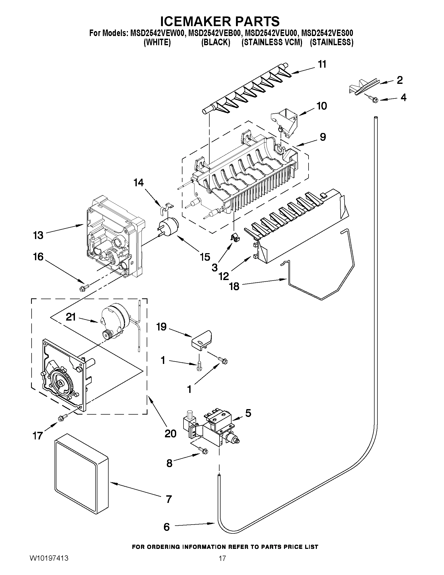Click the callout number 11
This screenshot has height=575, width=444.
coord(322,64)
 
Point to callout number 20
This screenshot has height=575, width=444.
coord(170,433)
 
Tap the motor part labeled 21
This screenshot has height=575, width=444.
coord(113,323)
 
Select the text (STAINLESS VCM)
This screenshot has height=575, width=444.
coord(272,42)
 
